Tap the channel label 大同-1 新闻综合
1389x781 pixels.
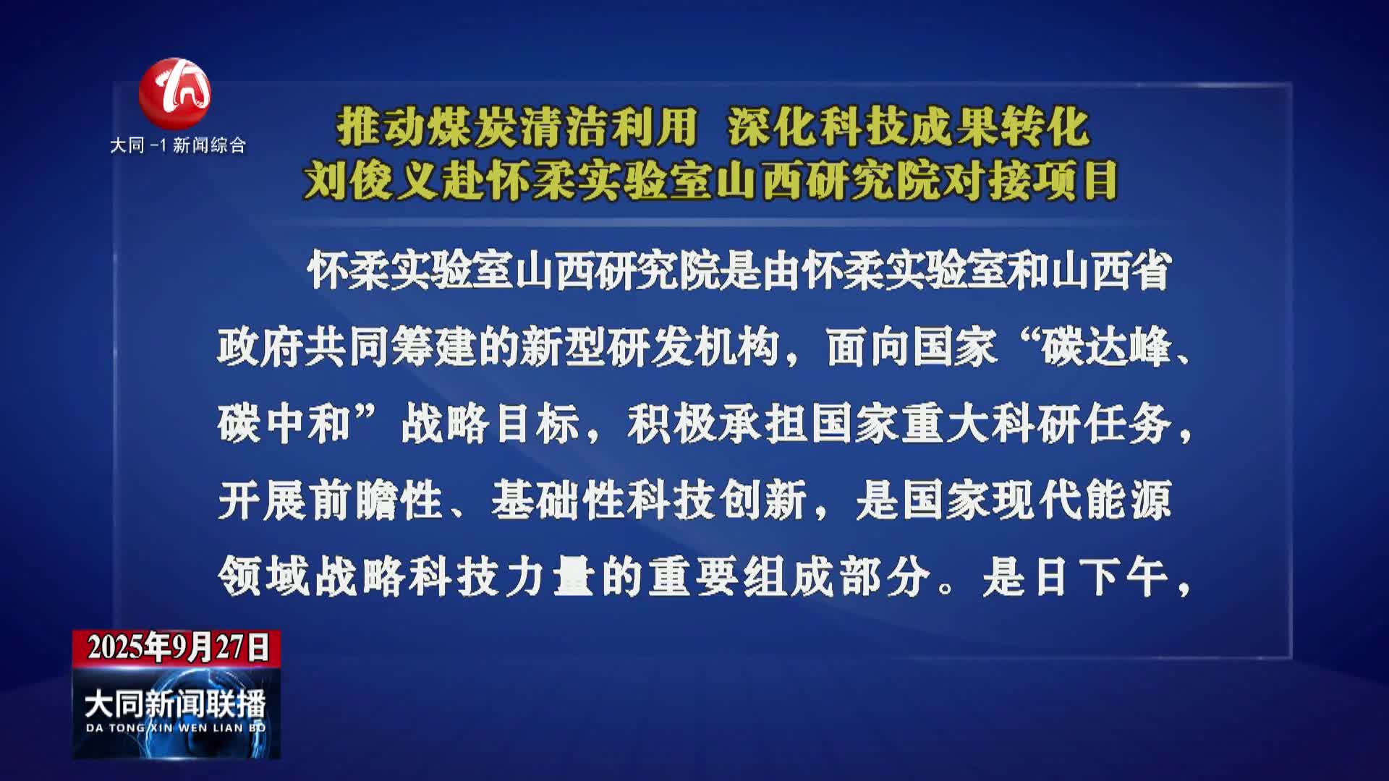point(178,145)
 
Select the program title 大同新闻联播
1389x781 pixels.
point(175,704)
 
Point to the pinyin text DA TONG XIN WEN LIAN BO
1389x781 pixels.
point(176,727)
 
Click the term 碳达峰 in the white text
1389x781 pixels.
point(1106,348)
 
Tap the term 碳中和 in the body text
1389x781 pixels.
point(284,424)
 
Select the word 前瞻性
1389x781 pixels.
point(375,500)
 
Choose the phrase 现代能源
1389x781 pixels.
point(1082,500)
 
